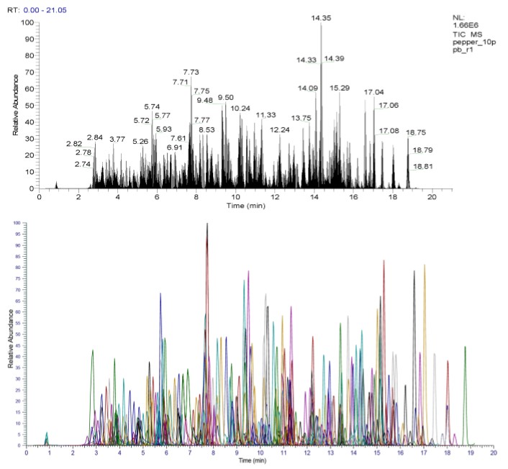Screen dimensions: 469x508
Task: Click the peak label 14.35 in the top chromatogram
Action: [x=321, y=17]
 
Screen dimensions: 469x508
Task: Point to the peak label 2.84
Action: [x=95, y=137]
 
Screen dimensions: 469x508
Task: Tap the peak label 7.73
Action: [x=191, y=72]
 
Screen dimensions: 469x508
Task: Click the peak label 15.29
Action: [x=340, y=88]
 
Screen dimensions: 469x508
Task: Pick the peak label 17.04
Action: [x=374, y=92]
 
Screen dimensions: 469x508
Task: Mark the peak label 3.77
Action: [x=117, y=138]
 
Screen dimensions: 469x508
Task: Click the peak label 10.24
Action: [x=240, y=108]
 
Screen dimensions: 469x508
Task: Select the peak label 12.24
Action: [x=280, y=129]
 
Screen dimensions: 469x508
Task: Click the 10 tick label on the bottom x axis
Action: [x=260, y=453]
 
